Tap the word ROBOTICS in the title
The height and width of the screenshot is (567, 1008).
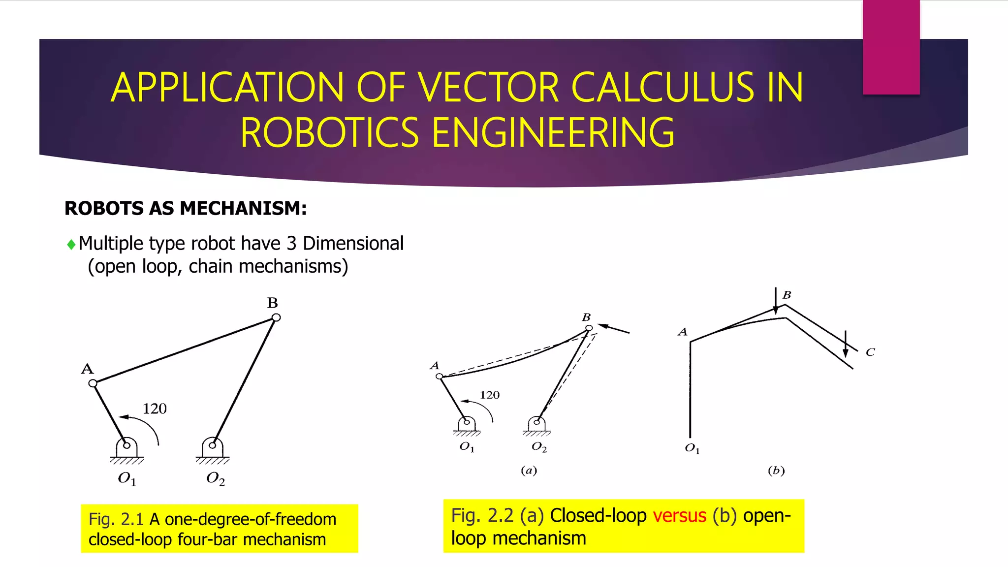pos(329,132)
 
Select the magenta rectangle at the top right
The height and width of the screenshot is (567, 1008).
pos(891,47)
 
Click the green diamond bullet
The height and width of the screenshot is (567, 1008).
pos(71,244)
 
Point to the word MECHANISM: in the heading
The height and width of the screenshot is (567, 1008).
pos(243,208)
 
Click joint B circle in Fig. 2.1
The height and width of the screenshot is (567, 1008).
pos(276,317)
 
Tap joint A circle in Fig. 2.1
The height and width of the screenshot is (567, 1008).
pos(93,383)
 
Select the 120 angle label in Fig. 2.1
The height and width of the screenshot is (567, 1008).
pos(155,409)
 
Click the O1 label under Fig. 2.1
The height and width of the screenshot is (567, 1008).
pos(126,478)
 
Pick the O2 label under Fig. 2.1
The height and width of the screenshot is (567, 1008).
pos(216,478)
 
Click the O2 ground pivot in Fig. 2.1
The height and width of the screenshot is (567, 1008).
pos(212,446)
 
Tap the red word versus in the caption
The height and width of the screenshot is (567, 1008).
pos(680,515)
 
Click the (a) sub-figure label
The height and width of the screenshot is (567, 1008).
pos(529,471)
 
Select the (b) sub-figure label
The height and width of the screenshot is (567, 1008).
pos(776,471)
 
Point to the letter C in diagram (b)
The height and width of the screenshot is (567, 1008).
pos(870,352)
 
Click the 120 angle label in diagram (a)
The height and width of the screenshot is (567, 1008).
pos(490,395)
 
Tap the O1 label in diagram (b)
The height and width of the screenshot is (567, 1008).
pos(692,448)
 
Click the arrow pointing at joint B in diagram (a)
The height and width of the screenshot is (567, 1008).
pos(614,329)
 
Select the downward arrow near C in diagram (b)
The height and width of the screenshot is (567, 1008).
pos(846,344)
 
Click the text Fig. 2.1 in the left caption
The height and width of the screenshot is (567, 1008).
pos(116,519)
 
